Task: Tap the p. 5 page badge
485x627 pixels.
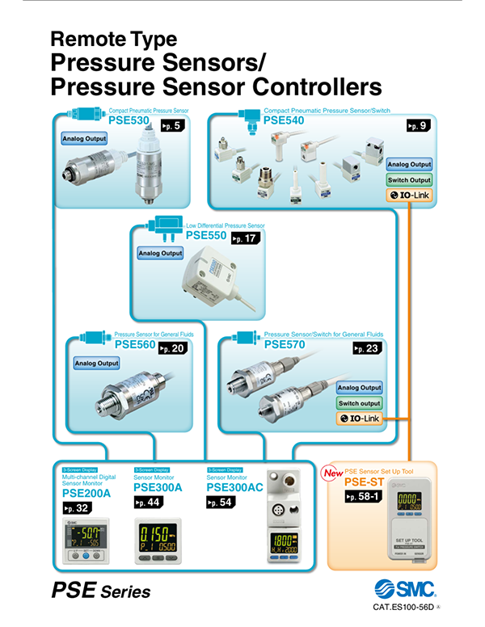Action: point(171,125)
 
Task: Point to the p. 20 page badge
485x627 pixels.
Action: point(173,348)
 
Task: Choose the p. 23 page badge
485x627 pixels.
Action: point(368,348)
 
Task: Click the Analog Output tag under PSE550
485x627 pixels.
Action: point(161,254)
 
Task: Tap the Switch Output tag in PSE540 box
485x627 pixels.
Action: point(409,179)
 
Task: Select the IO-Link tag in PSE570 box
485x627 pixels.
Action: point(359,418)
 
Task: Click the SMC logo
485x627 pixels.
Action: point(408,587)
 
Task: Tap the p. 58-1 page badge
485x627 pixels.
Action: point(365,496)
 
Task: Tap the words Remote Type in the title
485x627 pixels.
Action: point(113,39)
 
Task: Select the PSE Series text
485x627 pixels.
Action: point(101,591)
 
